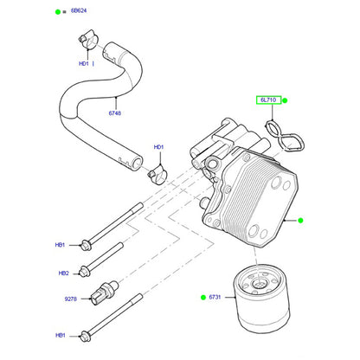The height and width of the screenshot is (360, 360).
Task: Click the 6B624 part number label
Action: [79, 10]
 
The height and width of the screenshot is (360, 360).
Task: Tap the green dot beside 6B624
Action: [58, 12]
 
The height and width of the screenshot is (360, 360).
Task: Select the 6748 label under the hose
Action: [115, 113]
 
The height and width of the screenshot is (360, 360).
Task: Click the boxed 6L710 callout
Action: [268, 100]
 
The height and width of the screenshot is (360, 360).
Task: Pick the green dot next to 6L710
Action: [285, 100]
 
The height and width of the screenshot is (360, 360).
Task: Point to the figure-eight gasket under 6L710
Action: [285, 137]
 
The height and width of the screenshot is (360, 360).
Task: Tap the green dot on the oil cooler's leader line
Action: [300, 221]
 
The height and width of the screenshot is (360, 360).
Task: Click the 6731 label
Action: [215, 297]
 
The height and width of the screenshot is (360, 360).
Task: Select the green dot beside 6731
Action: [203, 297]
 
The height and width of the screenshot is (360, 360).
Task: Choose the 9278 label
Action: [71, 299]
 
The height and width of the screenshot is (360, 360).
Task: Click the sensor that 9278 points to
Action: [105, 292]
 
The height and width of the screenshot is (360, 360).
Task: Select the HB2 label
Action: [64, 273]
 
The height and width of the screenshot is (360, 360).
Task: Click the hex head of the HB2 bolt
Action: [84, 272]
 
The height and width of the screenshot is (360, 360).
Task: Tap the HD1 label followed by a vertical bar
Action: [87, 63]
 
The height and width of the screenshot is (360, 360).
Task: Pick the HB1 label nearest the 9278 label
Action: [61, 335]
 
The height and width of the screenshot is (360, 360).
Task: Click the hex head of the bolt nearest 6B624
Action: [86, 245]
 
